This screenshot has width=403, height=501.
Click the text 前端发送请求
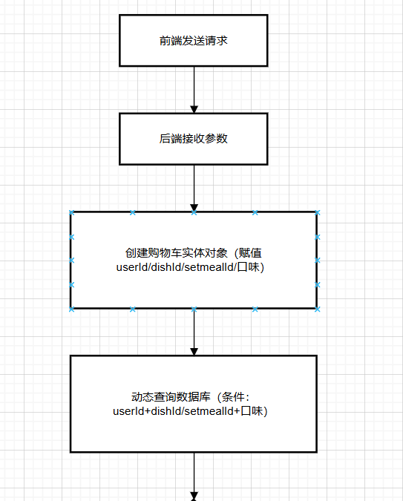[x=194, y=41]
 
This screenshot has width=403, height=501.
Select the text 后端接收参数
[x=194, y=138]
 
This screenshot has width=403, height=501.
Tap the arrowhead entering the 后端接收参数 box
[x=194, y=109]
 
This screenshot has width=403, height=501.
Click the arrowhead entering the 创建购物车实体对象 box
[x=194, y=207]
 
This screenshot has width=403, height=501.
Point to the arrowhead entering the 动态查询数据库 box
[x=194, y=352]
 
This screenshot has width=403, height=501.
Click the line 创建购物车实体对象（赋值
[x=194, y=253]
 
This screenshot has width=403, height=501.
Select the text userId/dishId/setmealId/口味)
[x=190, y=266]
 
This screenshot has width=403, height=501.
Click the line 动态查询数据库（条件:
[x=190, y=397]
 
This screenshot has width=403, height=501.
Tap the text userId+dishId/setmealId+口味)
[x=190, y=410]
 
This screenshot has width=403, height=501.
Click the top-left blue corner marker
[x=71, y=212]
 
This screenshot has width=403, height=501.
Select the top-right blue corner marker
[x=317, y=212]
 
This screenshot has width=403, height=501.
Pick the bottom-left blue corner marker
[x=71, y=309]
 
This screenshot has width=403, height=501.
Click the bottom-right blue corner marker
[x=317, y=309]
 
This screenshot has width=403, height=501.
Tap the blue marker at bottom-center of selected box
[x=194, y=309]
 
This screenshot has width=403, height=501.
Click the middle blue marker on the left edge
[x=71, y=261]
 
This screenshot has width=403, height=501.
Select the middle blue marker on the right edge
[x=317, y=261]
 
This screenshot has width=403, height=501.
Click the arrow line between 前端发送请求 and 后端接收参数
[x=194, y=90]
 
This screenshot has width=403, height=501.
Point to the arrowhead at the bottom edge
[x=194, y=497]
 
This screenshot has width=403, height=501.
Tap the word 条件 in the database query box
[x=233, y=397]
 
